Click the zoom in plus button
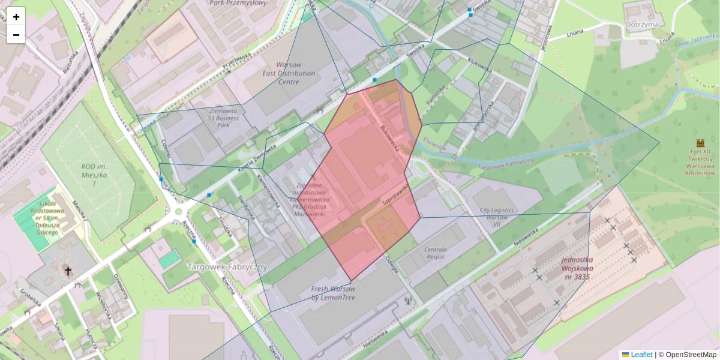pos(16,16)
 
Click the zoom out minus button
pos(16,35)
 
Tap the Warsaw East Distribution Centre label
pos(288,73)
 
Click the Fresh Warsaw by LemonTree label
pos(333,293)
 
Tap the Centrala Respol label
pos(436,253)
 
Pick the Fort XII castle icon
pos(700,143)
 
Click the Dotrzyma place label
pos(641,24)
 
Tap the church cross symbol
pos(68,272)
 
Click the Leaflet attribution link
pos(641,355)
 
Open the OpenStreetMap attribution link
pos(691,355)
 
